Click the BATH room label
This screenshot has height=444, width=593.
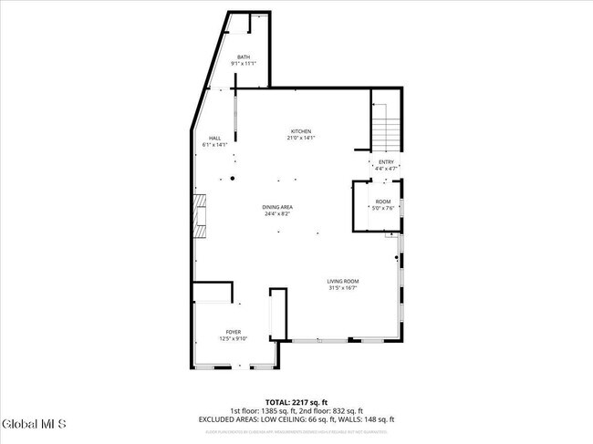point(244,57)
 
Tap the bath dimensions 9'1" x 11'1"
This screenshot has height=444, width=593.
point(244,63)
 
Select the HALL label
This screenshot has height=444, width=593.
point(214,138)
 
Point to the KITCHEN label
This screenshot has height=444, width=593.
point(302,131)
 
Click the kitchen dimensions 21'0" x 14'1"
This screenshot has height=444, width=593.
point(302,138)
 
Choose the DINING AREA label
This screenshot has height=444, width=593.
point(278,208)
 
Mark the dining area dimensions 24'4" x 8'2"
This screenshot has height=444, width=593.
point(278,214)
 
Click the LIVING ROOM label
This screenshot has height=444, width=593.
point(343,281)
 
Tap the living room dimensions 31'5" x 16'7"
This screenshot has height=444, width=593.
point(343,287)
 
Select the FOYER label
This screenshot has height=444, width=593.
point(233,332)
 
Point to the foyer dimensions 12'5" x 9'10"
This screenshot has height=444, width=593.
point(233,338)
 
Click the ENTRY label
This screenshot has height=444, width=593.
point(386,162)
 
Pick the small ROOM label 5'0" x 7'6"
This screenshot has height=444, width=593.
point(383,201)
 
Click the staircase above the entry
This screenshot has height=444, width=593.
point(387,128)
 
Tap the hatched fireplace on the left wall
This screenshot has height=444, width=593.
point(199,217)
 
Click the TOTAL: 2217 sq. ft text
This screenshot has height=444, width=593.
point(296,402)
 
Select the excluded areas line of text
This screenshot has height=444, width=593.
point(296,419)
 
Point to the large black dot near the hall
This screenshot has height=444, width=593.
point(233,179)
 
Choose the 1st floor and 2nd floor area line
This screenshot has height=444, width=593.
point(296,411)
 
